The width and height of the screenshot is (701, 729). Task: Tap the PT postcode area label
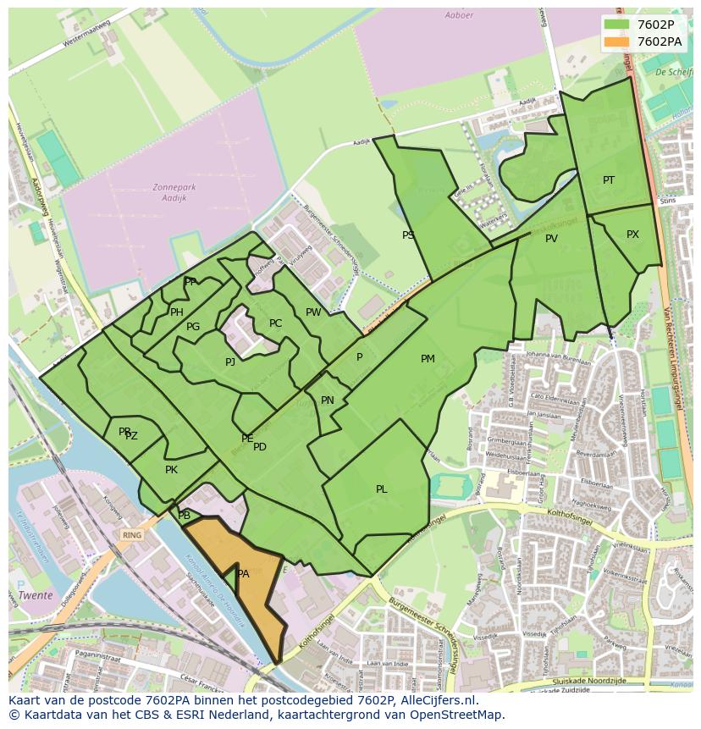[609, 180]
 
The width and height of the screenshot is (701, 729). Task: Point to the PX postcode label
[632, 235]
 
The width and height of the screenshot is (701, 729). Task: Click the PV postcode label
[551, 239]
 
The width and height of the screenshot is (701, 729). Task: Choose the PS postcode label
[408, 235]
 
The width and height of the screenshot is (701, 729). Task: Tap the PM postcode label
[428, 359]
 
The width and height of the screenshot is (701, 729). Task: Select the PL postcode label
[382, 489]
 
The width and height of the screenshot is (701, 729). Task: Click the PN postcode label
[328, 400]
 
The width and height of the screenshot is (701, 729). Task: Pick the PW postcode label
[313, 312]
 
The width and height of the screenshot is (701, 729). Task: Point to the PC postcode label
[275, 323]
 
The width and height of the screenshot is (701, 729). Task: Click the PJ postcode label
[230, 362]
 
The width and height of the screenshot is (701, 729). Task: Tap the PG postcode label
[193, 327]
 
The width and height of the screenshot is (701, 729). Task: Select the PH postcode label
[177, 312]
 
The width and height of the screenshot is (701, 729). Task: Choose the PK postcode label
[171, 470]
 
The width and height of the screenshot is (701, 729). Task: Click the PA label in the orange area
[243, 574]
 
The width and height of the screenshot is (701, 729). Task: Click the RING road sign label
[131, 535]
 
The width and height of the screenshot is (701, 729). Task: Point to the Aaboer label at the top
[460, 15]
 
